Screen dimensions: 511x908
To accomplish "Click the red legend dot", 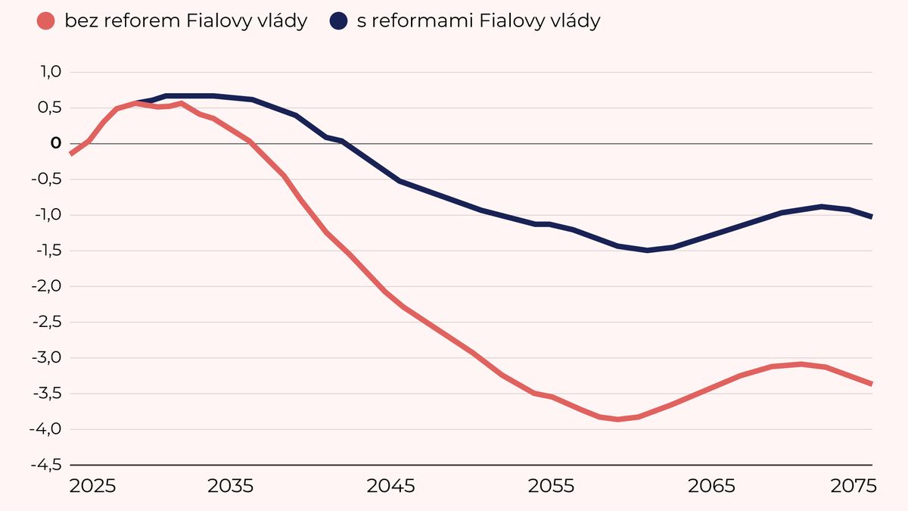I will [47, 21].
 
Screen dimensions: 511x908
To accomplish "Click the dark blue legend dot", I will [339, 21].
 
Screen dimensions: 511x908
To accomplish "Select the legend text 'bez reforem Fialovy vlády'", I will [185, 21].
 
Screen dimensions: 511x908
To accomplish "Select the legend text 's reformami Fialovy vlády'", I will [478, 21].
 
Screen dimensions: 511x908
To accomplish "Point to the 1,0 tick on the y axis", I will [49, 73].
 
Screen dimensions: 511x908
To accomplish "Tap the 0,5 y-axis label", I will [49, 108].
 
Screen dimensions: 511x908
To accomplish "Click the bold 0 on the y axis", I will [55, 144].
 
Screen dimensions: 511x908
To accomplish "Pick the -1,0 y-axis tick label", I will [46, 215].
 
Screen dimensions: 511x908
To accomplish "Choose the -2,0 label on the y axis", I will [46, 286].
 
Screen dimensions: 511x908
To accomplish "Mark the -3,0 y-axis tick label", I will [46, 358].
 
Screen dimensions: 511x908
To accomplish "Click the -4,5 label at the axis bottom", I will [46, 465].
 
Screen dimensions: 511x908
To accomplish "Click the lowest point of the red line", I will [618, 419].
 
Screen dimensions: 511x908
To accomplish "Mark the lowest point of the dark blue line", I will [648, 250].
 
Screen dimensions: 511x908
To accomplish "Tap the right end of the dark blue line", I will [871, 217].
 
